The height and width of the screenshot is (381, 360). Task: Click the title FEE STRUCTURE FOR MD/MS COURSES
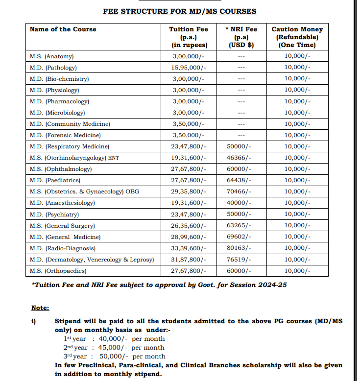[179, 11]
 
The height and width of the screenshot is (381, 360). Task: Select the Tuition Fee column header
[189, 37]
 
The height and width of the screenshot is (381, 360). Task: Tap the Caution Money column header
[297, 37]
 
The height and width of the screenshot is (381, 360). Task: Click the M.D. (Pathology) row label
[53, 68]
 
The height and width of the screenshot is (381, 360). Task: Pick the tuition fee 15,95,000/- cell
[189, 68]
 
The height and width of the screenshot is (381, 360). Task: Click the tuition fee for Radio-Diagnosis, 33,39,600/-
[189, 248]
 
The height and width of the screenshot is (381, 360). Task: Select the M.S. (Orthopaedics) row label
[58, 271]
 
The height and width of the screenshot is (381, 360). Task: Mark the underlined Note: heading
[40, 308]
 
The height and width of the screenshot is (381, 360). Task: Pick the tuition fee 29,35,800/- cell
[189, 191]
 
